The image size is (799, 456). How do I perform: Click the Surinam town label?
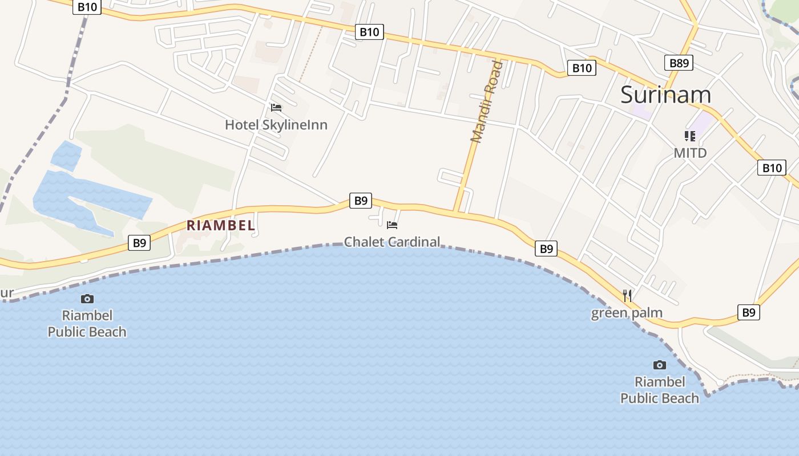665,95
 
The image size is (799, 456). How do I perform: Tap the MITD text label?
690,153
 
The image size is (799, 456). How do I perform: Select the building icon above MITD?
690,136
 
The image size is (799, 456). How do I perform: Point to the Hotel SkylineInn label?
276,124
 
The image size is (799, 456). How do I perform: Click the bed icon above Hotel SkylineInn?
276,107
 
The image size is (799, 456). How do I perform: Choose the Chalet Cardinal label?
392,242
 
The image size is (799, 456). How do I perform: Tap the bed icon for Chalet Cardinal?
392,225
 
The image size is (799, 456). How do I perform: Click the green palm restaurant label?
627,312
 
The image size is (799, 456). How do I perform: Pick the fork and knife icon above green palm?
627,295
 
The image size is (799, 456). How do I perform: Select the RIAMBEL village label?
221,225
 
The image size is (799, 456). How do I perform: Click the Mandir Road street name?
487,101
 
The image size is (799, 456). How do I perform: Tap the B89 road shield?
679,63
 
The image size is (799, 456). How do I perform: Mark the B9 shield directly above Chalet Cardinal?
361,200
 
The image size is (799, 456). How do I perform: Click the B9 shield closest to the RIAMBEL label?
140,243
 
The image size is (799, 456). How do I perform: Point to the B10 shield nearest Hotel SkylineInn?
369,32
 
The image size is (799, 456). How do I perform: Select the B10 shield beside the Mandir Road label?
582,68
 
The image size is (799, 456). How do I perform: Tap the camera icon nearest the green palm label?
659,365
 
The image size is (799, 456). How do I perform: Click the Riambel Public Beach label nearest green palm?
659,390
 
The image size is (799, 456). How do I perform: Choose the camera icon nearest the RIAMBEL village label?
87,299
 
